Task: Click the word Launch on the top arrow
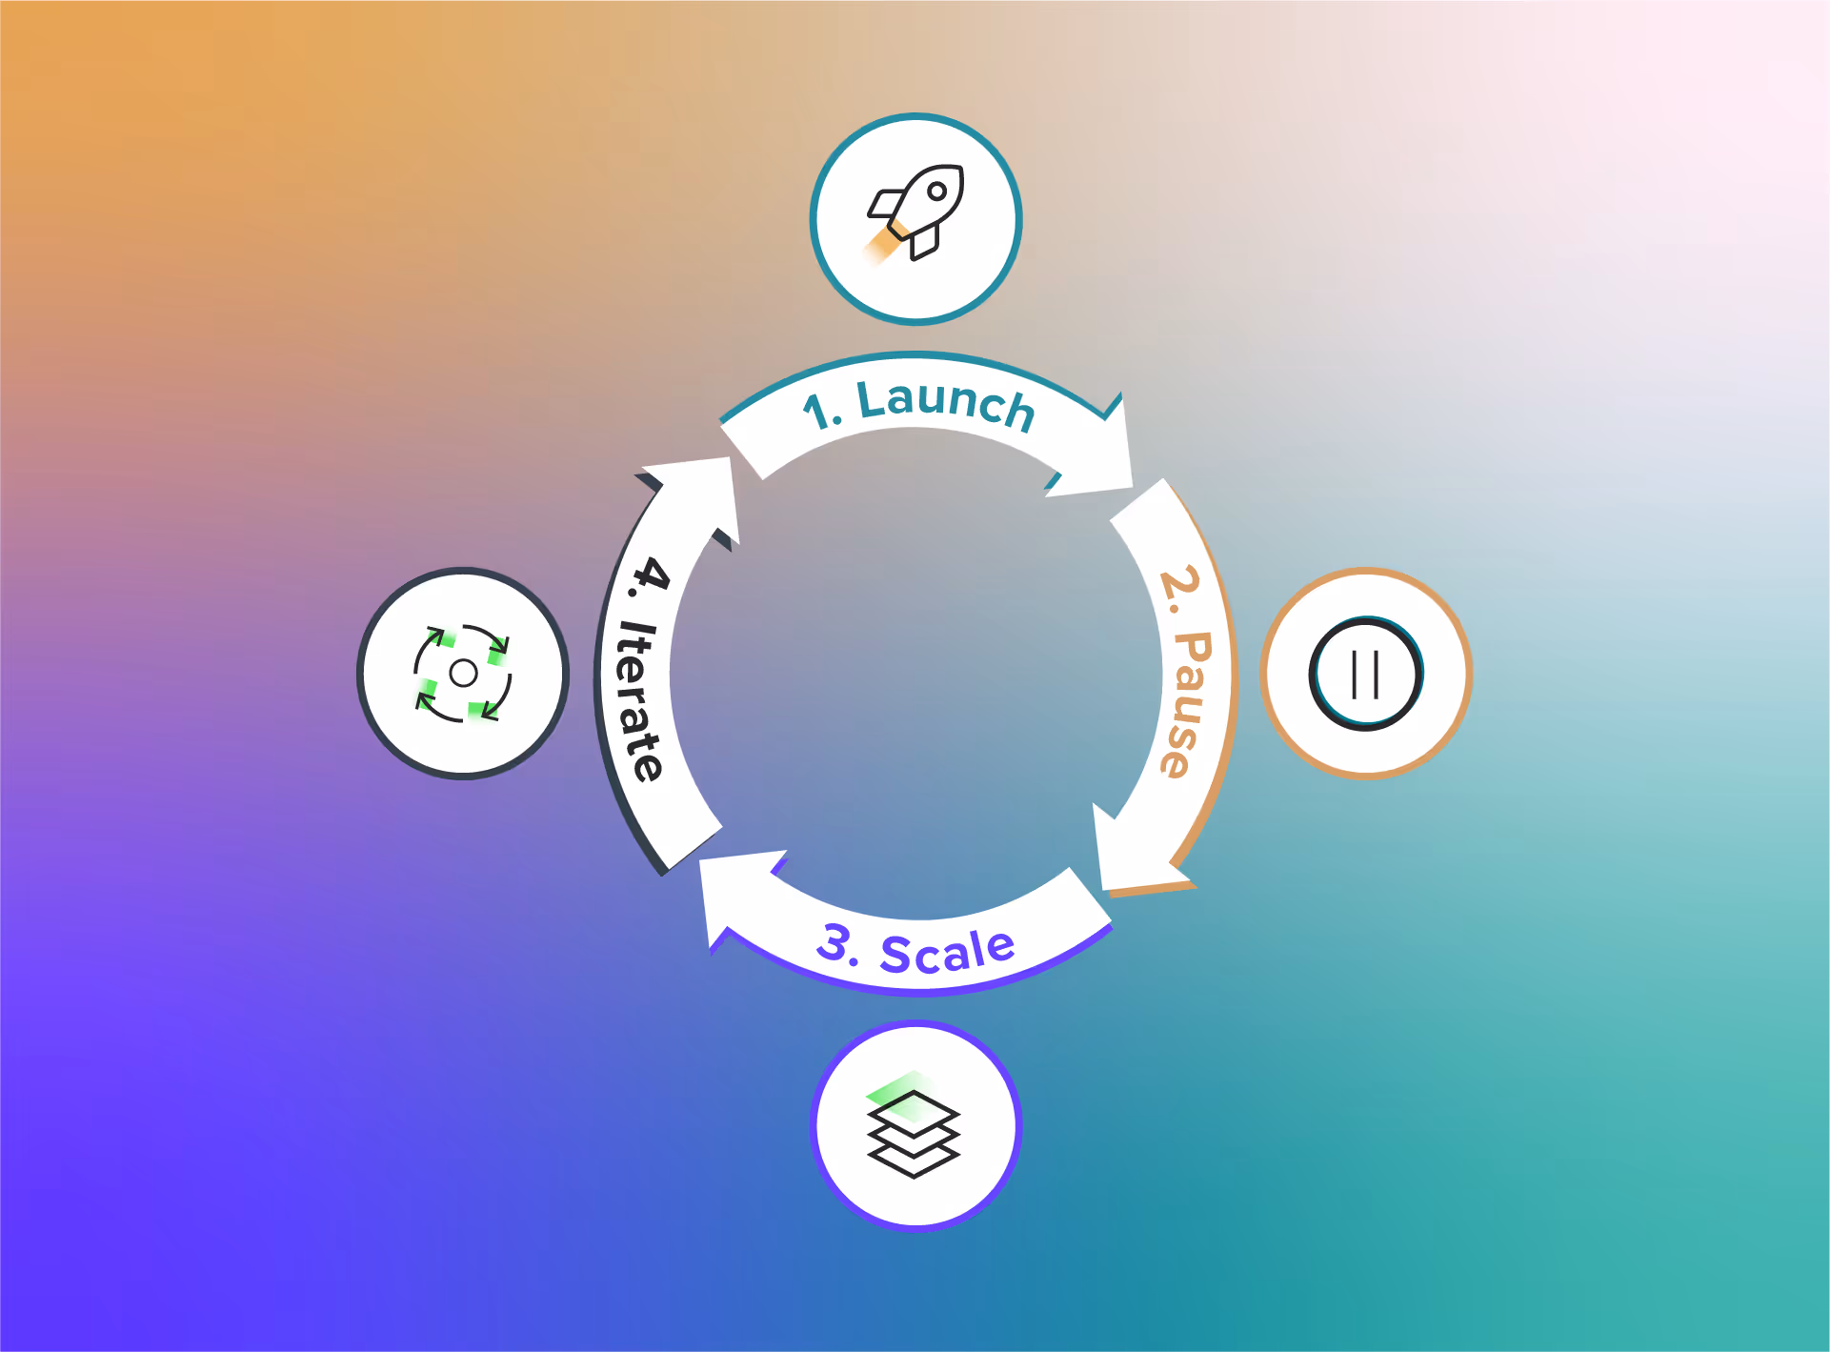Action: (x=946, y=404)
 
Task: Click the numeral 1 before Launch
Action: (x=816, y=413)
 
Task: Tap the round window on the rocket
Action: (x=936, y=191)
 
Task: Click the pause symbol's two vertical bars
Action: (x=1366, y=674)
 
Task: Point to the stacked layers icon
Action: (x=914, y=1129)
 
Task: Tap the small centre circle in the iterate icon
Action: (x=463, y=673)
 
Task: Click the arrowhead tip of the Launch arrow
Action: (x=1130, y=484)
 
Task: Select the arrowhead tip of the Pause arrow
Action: (x=1105, y=888)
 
